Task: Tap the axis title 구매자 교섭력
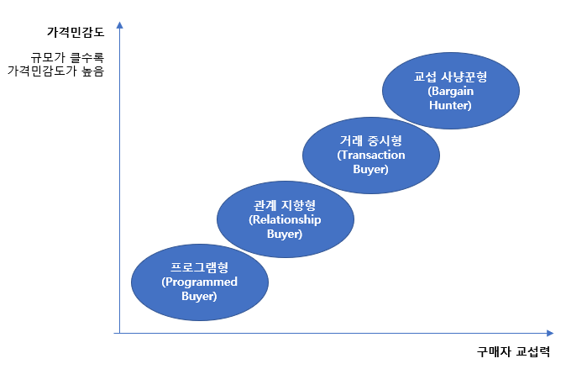512,352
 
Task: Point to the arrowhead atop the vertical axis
120,25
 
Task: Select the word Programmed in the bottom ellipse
200,282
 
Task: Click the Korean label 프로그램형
200,268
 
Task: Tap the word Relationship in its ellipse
284,220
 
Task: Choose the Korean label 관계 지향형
284,206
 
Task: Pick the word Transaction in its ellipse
370,156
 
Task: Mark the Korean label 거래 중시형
370,141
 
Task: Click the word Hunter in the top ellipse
450,106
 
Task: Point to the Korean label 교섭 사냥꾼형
450,77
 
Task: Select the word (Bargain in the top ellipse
450,92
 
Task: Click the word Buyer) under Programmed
200,297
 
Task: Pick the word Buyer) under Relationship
284,235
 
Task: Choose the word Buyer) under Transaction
370,170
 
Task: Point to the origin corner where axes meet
120,334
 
